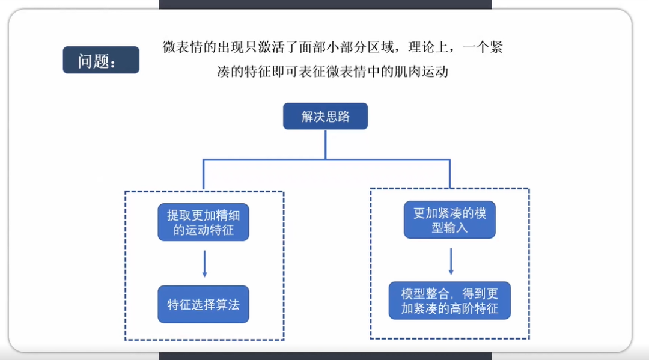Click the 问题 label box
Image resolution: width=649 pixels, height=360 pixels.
click(101, 60)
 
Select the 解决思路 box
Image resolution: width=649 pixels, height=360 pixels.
click(325, 116)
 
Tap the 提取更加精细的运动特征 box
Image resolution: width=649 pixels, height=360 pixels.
click(203, 222)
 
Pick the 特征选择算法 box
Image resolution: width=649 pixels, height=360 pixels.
click(203, 304)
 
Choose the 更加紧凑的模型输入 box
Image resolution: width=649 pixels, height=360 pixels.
click(449, 220)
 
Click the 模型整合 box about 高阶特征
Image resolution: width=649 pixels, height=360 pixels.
click(449, 301)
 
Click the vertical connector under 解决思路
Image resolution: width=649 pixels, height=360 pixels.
click(325, 144)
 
